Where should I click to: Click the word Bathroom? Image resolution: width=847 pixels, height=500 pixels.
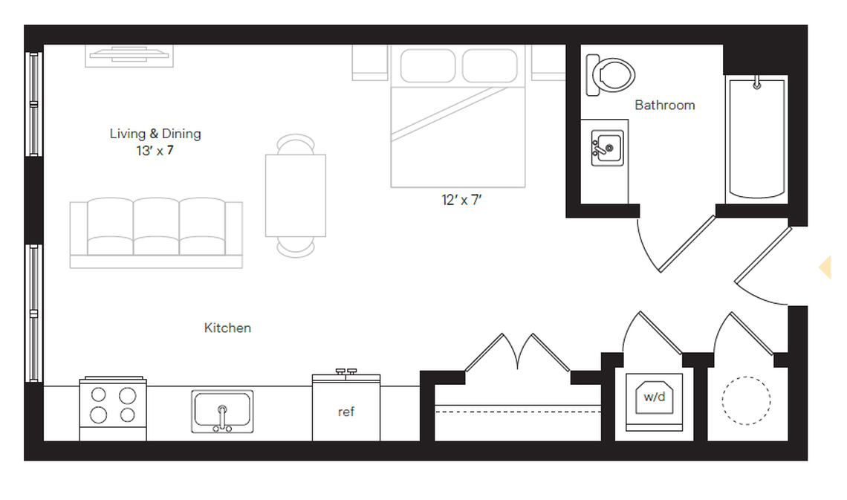(x=664, y=105)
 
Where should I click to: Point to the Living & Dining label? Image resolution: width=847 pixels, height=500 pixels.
(x=155, y=134)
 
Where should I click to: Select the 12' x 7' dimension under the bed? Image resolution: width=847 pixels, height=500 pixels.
(x=461, y=201)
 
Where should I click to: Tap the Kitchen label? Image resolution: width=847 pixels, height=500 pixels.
(x=227, y=328)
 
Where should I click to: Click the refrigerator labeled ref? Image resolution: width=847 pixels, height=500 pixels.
(x=345, y=410)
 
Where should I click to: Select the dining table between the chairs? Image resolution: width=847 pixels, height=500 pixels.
(x=296, y=195)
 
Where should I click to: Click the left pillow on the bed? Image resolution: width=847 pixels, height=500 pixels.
(x=427, y=65)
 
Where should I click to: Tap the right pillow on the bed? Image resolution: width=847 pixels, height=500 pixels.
(x=490, y=65)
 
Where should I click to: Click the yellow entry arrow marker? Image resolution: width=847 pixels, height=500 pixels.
(x=825, y=267)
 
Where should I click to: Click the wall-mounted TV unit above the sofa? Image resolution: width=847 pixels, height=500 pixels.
(x=130, y=56)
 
